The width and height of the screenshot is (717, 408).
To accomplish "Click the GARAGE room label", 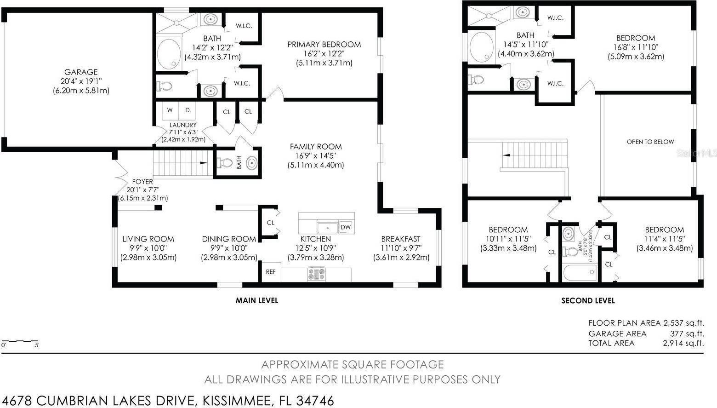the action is coord(81,72).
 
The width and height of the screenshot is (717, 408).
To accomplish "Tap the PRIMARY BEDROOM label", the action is coord(324,45).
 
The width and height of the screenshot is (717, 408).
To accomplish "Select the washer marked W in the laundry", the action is coord(170,110).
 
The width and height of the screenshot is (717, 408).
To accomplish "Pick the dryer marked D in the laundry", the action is coord(187,110).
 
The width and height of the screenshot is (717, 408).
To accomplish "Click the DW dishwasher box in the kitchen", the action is coord(346,227).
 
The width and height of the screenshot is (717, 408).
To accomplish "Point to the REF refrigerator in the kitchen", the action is coord(271,272).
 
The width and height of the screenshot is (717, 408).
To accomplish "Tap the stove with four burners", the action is coord(317,274).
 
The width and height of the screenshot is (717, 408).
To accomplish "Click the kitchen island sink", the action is coord(327,228).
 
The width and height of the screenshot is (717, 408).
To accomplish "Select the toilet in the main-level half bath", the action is coord(225,163).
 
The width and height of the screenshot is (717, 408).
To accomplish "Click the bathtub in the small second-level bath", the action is coord(580,272).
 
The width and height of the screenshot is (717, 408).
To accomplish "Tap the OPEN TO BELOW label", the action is coord(650,142).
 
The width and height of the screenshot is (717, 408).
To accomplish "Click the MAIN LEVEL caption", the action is coord(257,300).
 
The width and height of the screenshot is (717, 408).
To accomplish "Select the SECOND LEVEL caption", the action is coord(588,301).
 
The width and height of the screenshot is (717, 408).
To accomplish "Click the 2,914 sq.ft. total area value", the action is coord(683,343).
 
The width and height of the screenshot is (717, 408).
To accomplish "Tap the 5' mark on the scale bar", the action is coord(37,345).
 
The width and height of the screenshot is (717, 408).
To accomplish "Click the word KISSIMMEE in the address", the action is coord(237,401).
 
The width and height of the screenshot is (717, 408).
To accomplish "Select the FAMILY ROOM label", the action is coord(316,147).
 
